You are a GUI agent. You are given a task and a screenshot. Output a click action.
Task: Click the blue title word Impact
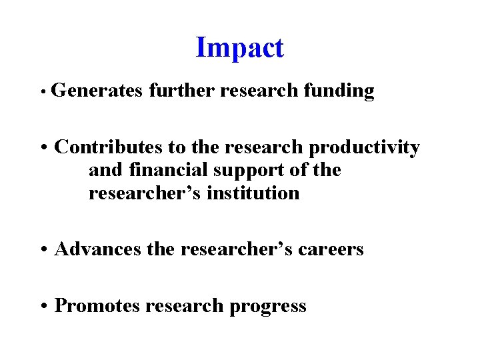[x=240, y=47]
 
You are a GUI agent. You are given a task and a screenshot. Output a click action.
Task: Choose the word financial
[x=167, y=170]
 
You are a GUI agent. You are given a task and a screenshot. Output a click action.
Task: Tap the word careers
[x=331, y=250]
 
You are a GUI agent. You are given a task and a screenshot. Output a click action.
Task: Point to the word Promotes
[x=98, y=305]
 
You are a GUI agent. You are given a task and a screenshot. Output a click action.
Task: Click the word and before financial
[x=105, y=170]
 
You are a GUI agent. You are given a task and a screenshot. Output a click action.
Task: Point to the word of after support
[x=300, y=170]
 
